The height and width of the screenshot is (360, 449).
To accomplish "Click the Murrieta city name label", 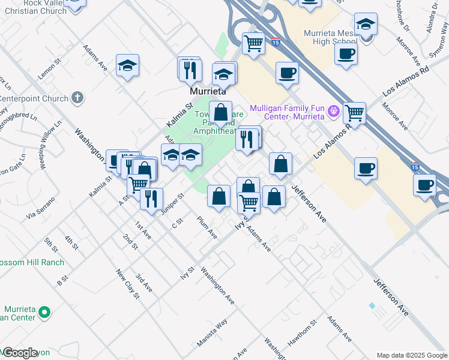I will pyautogui.click(x=208, y=92).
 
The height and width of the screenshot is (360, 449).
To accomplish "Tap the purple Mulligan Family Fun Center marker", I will pyautogui.click(x=335, y=112).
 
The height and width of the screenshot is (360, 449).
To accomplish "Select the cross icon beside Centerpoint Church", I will pyautogui.click(x=76, y=97).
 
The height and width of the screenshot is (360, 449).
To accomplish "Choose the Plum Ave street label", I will pyautogui.click(x=207, y=227).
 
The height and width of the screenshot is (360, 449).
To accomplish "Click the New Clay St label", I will pyautogui.click(x=128, y=284).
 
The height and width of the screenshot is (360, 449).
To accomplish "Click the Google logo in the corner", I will pyautogui.click(x=19, y=353).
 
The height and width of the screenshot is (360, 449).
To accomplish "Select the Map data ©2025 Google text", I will pyautogui.click(x=412, y=355).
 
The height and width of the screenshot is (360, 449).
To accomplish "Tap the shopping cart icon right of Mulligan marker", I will pyautogui.click(x=355, y=112).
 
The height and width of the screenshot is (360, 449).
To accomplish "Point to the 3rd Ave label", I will pyautogui.click(x=143, y=283).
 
